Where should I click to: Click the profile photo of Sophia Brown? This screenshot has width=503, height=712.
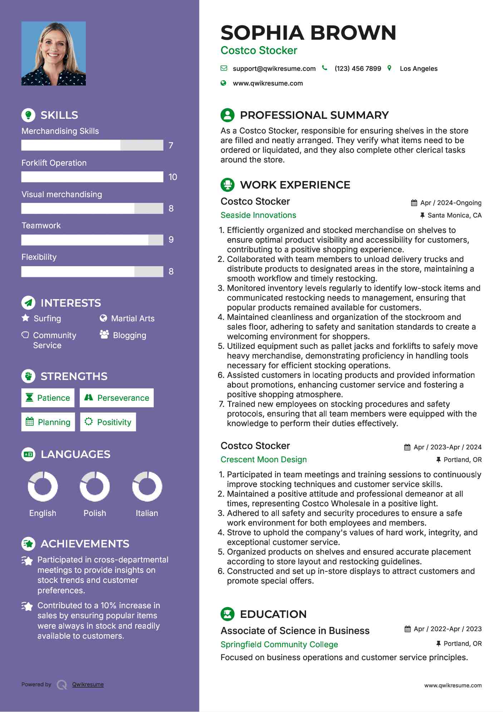click(54, 53)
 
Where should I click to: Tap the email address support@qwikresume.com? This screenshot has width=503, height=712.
click(274, 69)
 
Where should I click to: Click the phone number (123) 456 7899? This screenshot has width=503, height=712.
click(357, 69)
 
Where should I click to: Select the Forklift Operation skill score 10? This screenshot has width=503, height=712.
click(173, 177)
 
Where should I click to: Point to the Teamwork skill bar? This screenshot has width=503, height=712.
click(92, 240)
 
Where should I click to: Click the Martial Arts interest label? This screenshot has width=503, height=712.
click(133, 318)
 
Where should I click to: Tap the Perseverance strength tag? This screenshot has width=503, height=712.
click(117, 398)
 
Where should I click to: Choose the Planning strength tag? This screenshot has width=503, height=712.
click(48, 422)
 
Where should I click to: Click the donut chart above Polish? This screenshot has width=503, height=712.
click(95, 486)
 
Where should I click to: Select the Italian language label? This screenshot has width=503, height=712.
click(147, 513)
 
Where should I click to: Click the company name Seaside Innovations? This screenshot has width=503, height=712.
click(258, 215)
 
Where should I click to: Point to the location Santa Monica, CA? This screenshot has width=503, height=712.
click(454, 215)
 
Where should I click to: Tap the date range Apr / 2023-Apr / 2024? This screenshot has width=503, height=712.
click(447, 447)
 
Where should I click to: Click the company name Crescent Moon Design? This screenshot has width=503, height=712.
click(263, 459)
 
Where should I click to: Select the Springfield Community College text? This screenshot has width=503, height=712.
click(279, 644)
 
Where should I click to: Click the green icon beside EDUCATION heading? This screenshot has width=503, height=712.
click(227, 614)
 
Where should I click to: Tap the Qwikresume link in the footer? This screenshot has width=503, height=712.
click(88, 684)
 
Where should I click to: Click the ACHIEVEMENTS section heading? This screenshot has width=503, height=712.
click(85, 544)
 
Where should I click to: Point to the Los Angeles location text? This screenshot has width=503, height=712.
click(418, 69)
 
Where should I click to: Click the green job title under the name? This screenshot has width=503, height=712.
click(259, 50)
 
